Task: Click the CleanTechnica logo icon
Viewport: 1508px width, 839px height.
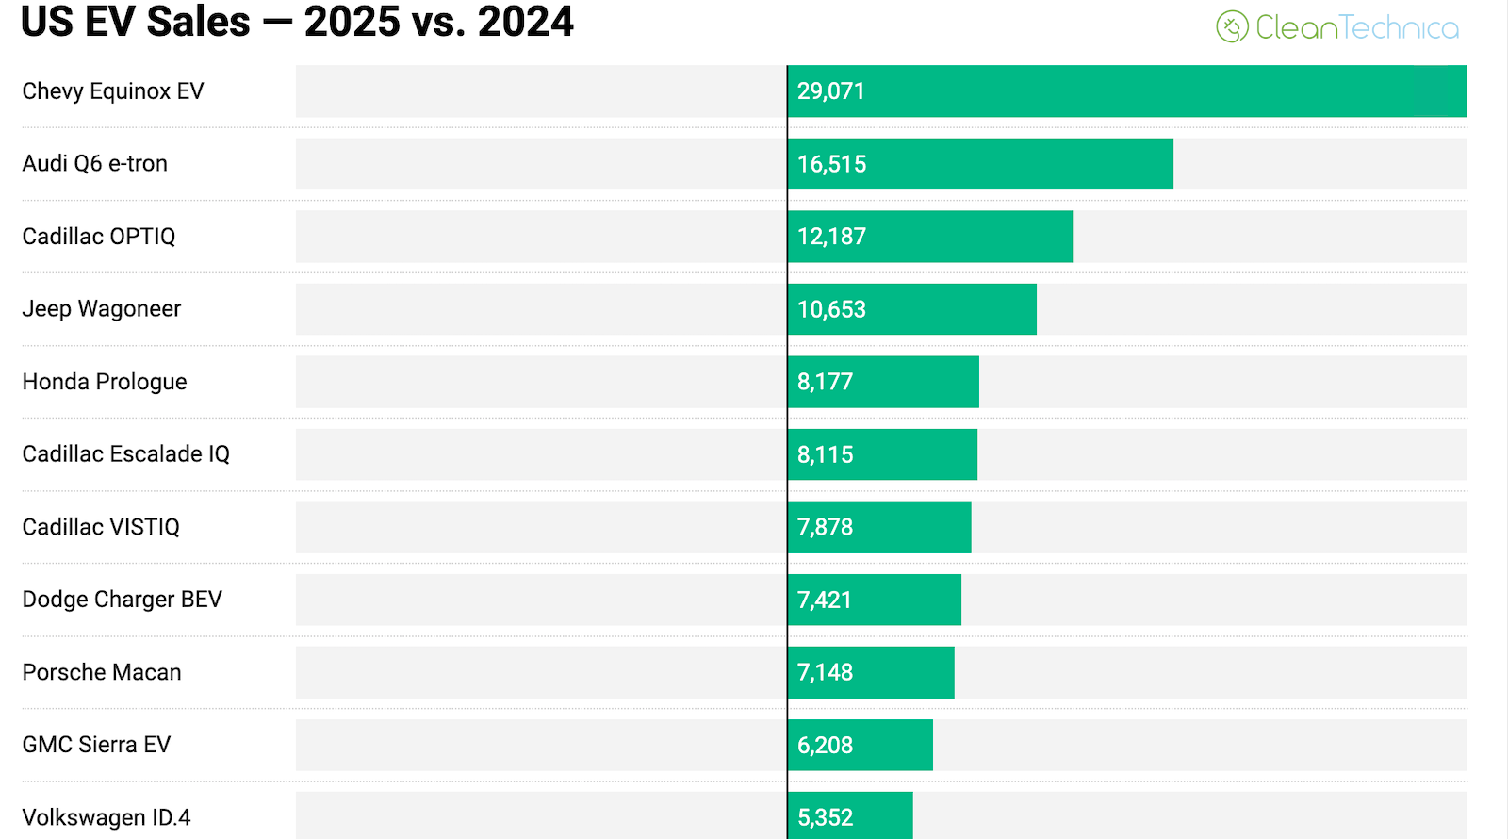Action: coord(1232,27)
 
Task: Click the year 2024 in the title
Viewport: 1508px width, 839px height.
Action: coord(525,21)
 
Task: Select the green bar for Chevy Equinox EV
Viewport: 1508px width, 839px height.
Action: coord(1126,91)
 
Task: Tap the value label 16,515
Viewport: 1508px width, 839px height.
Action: coord(831,164)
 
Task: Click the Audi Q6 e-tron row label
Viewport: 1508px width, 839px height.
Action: coord(95,164)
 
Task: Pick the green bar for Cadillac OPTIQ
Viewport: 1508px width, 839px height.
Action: coord(929,237)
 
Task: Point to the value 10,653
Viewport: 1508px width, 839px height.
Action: coord(831,309)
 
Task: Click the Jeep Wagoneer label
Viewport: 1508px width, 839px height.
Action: coord(102,309)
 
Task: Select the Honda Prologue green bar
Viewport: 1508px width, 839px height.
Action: coord(883,382)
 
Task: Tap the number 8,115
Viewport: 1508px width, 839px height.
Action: coord(825,454)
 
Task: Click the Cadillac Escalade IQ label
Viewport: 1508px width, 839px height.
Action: coord(126,454)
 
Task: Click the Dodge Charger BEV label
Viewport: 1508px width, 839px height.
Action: coord(123,600)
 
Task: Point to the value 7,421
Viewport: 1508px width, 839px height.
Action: coord(825,600)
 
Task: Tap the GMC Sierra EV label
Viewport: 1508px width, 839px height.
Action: coord(97,745)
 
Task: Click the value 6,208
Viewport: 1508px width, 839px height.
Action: coord(825,745)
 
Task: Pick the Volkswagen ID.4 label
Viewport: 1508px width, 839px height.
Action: coord(107,817)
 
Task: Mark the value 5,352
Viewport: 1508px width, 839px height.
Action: coord(825,817)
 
